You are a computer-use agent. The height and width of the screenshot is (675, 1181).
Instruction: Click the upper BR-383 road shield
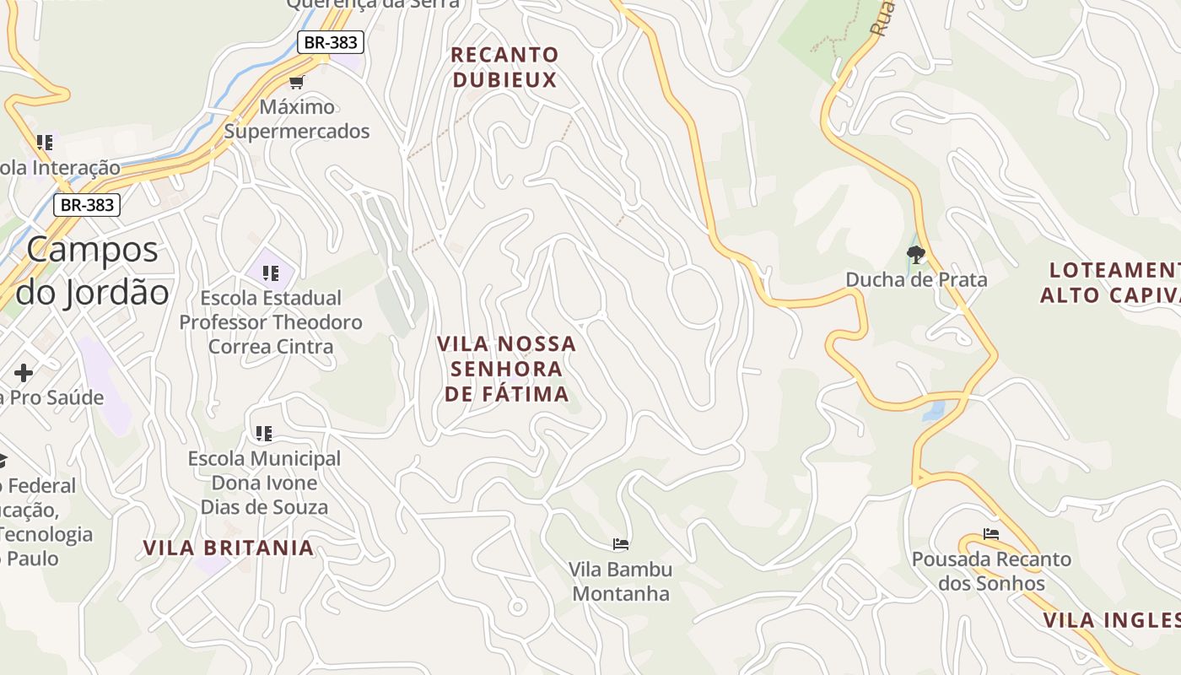330,42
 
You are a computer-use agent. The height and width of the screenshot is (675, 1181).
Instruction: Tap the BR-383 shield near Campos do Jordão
87,204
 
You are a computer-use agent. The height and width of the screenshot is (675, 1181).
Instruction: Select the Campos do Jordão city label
93,271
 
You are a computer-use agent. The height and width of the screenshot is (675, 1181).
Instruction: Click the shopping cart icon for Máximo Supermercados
296,82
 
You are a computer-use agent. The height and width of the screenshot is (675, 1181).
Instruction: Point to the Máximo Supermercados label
297,119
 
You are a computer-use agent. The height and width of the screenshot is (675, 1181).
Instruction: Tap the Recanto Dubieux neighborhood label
504,67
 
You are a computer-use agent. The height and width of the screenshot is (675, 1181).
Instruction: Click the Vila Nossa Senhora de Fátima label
506,369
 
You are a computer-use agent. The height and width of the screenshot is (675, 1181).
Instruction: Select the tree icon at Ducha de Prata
915,254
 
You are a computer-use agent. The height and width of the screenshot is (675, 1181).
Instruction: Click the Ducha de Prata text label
916,279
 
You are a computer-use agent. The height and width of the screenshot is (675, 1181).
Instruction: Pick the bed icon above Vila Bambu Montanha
621,544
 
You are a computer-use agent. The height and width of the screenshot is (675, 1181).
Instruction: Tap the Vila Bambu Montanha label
621,581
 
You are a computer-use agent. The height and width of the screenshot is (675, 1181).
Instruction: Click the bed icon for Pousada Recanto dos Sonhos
991,534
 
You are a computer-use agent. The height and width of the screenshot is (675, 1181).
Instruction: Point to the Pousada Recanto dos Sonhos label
991,571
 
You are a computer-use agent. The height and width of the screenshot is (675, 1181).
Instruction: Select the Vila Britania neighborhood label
229,548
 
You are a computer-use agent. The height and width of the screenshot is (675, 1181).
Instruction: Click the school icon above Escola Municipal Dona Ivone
264,434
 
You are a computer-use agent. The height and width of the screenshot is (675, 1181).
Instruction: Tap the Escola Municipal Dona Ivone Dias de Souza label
264,483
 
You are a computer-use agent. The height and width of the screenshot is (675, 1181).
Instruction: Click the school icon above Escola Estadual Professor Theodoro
271,273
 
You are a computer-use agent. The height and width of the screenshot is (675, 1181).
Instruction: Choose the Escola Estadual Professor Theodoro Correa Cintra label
271,322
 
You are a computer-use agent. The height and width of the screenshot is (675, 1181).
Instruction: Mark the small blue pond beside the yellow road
934,411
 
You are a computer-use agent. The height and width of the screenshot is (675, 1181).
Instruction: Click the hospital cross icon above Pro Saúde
24,372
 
